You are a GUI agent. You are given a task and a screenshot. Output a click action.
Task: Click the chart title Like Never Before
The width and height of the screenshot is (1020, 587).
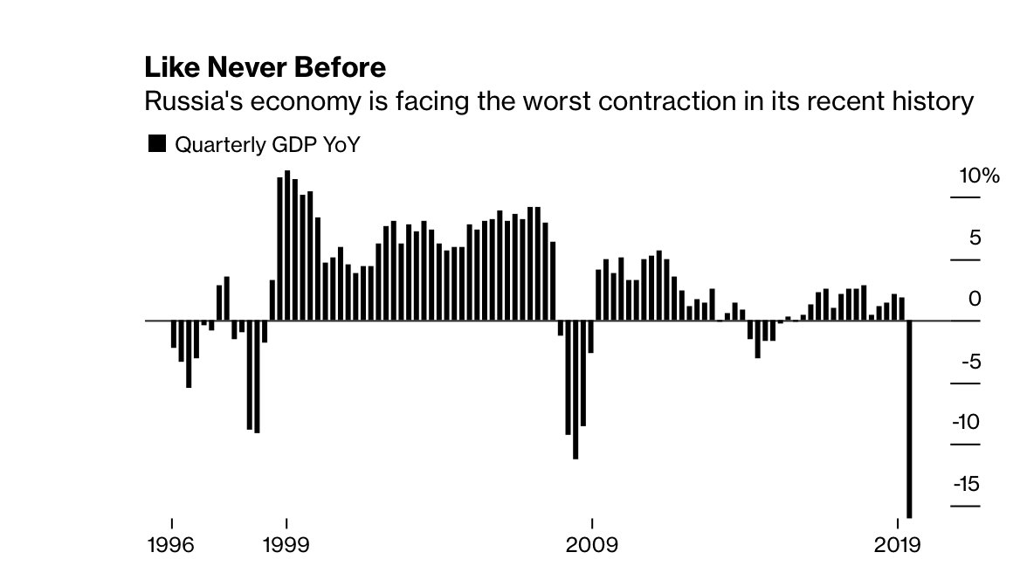(265, 67)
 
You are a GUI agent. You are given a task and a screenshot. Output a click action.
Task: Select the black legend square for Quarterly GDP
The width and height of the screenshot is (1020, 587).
(157, 144)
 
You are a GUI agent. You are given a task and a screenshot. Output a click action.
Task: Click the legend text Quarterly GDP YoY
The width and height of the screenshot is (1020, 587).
(268, 145)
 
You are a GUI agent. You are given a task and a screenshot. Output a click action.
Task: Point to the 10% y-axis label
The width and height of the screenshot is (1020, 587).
(979, 176)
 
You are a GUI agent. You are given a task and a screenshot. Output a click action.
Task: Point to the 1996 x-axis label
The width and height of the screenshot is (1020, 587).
(172, 546)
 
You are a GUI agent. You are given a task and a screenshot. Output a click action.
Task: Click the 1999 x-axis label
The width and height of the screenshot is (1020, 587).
(286, 546)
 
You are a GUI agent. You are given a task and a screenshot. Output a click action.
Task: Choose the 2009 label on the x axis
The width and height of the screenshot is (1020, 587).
(592, 546)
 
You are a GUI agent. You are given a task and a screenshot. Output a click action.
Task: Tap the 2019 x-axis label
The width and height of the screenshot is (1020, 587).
(898, 546)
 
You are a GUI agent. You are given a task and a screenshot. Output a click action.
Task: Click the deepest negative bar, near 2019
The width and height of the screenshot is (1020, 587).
(909, 419)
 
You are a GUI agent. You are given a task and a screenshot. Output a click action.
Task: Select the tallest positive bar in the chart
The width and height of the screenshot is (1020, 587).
(287, 245)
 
